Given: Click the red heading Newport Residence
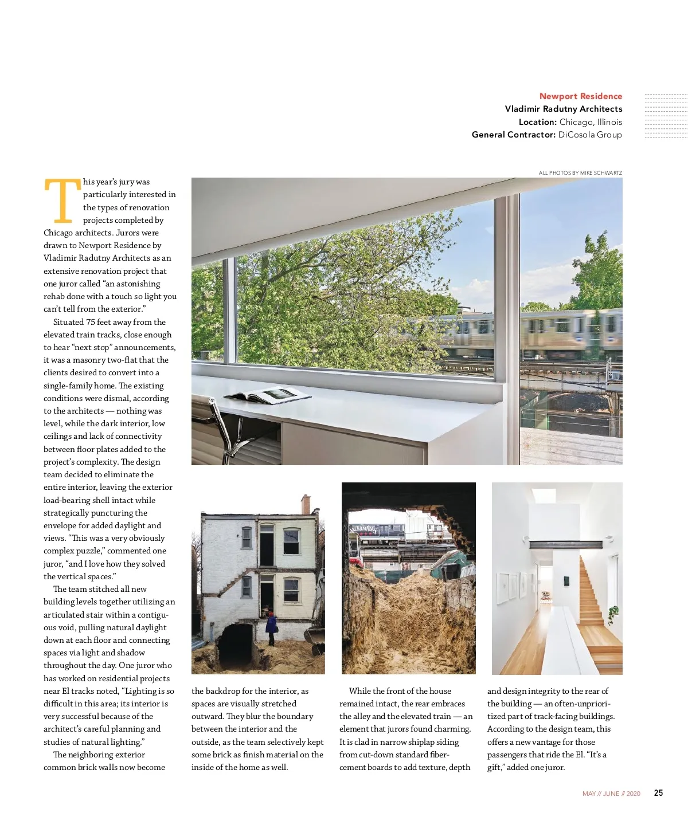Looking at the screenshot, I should coord(580,96).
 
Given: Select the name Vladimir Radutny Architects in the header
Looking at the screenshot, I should coord(563,109).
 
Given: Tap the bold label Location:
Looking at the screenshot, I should coord(537,122).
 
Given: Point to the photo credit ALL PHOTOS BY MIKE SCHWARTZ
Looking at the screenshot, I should coord(580,172).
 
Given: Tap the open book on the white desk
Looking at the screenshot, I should coord(268,394).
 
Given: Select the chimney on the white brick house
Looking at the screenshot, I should coord(306,504).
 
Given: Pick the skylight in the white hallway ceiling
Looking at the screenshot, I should coord(543,495).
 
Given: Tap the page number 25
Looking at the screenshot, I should coord(658,793).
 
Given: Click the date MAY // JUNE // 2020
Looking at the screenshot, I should coord(611,793).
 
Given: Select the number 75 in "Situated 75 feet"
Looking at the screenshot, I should coord(91,322).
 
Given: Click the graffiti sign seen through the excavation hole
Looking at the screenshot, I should coord(363,529).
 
